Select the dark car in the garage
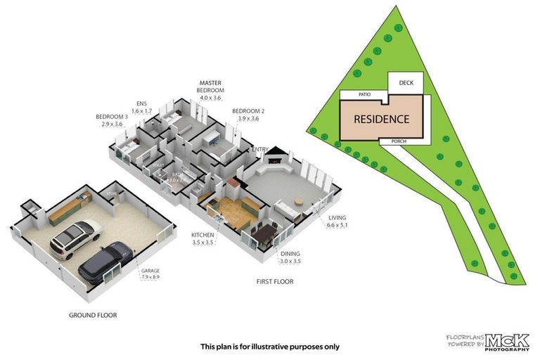point(106,261)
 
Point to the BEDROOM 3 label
point(112,120)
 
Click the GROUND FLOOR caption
point(93,315)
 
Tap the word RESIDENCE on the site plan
point(381,119)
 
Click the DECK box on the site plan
point(406,83)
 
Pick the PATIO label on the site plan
point(364,94)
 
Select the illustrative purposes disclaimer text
point(270,346)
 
